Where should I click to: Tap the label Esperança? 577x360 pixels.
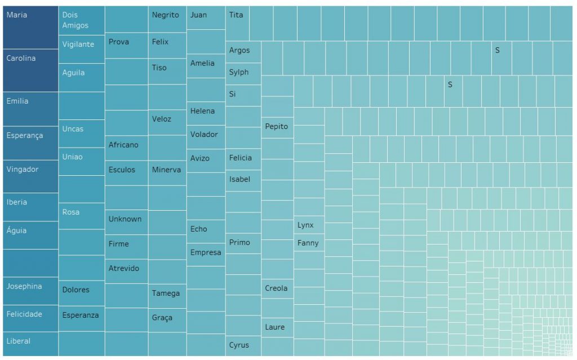point(24,136)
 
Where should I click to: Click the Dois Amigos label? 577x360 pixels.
point(75,20)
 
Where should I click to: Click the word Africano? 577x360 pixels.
point(123,145)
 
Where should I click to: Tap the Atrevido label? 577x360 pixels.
point(123,268)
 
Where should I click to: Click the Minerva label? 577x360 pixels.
point(166,170)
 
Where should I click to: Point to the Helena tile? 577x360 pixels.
point(202,111)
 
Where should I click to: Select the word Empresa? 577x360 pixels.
point(206,252)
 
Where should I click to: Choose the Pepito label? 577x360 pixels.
point(276,126)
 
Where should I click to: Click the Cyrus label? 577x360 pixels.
point(239,345)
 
